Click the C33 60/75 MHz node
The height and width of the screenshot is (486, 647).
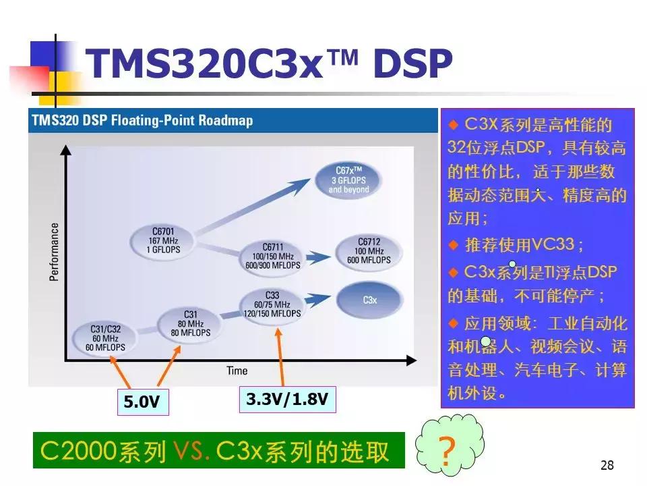272,304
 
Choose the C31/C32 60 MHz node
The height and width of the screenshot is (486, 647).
104,337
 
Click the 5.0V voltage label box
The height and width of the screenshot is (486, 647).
142,402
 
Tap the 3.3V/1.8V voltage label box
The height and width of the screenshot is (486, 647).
287,399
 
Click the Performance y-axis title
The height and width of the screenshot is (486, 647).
54,252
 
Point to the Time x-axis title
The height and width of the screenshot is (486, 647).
237,371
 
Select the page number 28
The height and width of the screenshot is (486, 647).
607,465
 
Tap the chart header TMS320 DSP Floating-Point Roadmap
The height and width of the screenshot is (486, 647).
142,121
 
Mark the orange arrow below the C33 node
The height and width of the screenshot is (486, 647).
280,354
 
